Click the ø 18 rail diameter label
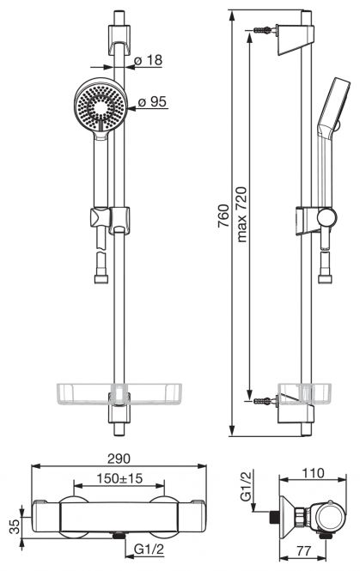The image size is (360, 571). click(149, 60)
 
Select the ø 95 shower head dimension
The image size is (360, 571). click(152, 101)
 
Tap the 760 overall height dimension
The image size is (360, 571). click(223, 216)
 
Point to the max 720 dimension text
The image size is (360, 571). click(241, 214)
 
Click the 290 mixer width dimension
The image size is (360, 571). click(119, 459)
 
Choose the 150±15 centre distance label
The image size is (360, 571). click(119, 478)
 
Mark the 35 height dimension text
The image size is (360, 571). click(15, 526)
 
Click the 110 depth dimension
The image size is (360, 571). click(313, 472)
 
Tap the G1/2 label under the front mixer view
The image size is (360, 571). click(149, 550)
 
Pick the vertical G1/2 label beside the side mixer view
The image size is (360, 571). click(246, 485)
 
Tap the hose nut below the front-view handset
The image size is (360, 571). click(101, 279)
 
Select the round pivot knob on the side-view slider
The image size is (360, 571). click(326, 218)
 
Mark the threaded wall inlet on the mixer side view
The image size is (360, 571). click(274, 517)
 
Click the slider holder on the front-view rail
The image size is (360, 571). click(119, 221)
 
